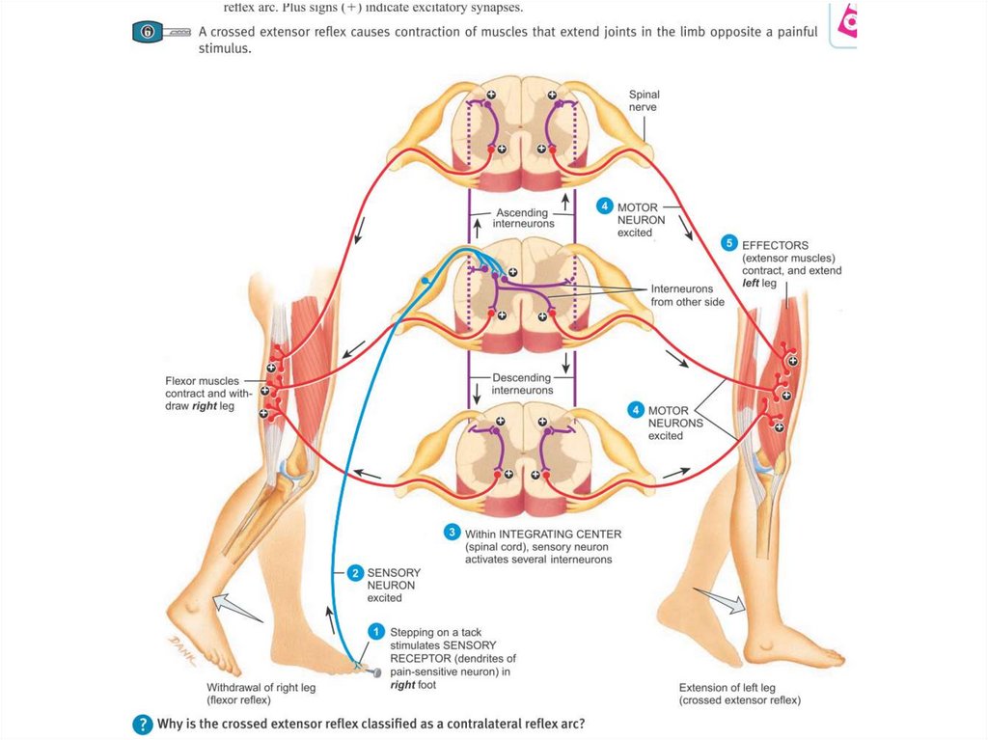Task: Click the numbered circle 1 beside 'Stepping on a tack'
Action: pos(376,630)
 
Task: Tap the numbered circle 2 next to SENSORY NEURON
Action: pos(355,573)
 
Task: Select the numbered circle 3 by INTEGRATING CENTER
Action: pos(452,532)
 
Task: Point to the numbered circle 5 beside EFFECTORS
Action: pos(729,243)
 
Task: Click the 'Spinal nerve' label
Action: pos(644,101)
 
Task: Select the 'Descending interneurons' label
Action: pos(522,384)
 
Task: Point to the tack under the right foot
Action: pos(370,670)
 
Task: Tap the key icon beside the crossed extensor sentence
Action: pos(160,33)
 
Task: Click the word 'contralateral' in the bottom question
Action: pos(454,724)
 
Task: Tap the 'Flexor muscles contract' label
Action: pos(208,394)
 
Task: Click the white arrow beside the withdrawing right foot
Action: pos(236,608)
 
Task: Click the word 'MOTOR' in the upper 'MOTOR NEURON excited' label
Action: pos(638,206)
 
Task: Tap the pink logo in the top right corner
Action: pos(846,21)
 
